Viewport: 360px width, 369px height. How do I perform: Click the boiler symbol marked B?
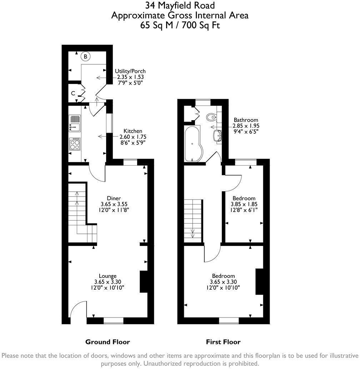(86, 56)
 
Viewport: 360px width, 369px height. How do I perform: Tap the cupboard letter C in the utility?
(73, 93)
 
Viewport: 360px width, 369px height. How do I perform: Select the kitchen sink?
(75, 123)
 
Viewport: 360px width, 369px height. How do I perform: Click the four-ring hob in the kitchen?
(75, 144)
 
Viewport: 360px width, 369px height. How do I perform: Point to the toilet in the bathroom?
(211, 117)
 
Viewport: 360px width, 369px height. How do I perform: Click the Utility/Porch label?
(130, 71)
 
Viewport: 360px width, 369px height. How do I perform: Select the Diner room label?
(114, 198)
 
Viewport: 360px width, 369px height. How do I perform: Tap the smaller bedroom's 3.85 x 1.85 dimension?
(245, 204)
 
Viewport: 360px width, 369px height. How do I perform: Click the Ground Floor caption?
(107, 342)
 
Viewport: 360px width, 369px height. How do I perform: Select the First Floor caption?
(223, 342)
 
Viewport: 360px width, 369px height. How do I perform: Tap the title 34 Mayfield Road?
(180, 5)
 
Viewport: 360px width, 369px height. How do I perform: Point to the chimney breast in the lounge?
(144, 282)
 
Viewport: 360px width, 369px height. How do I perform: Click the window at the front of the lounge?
(113, 321)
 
